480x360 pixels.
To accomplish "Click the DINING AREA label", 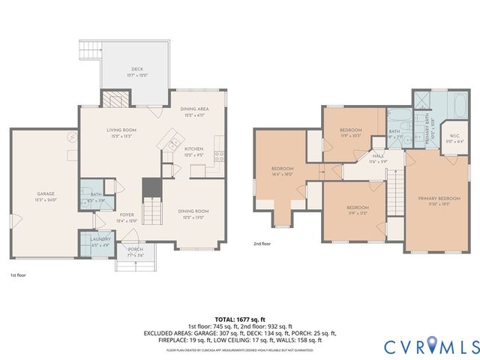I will [x=194, y=109].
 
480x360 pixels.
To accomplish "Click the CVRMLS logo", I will [x=430, y=346].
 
